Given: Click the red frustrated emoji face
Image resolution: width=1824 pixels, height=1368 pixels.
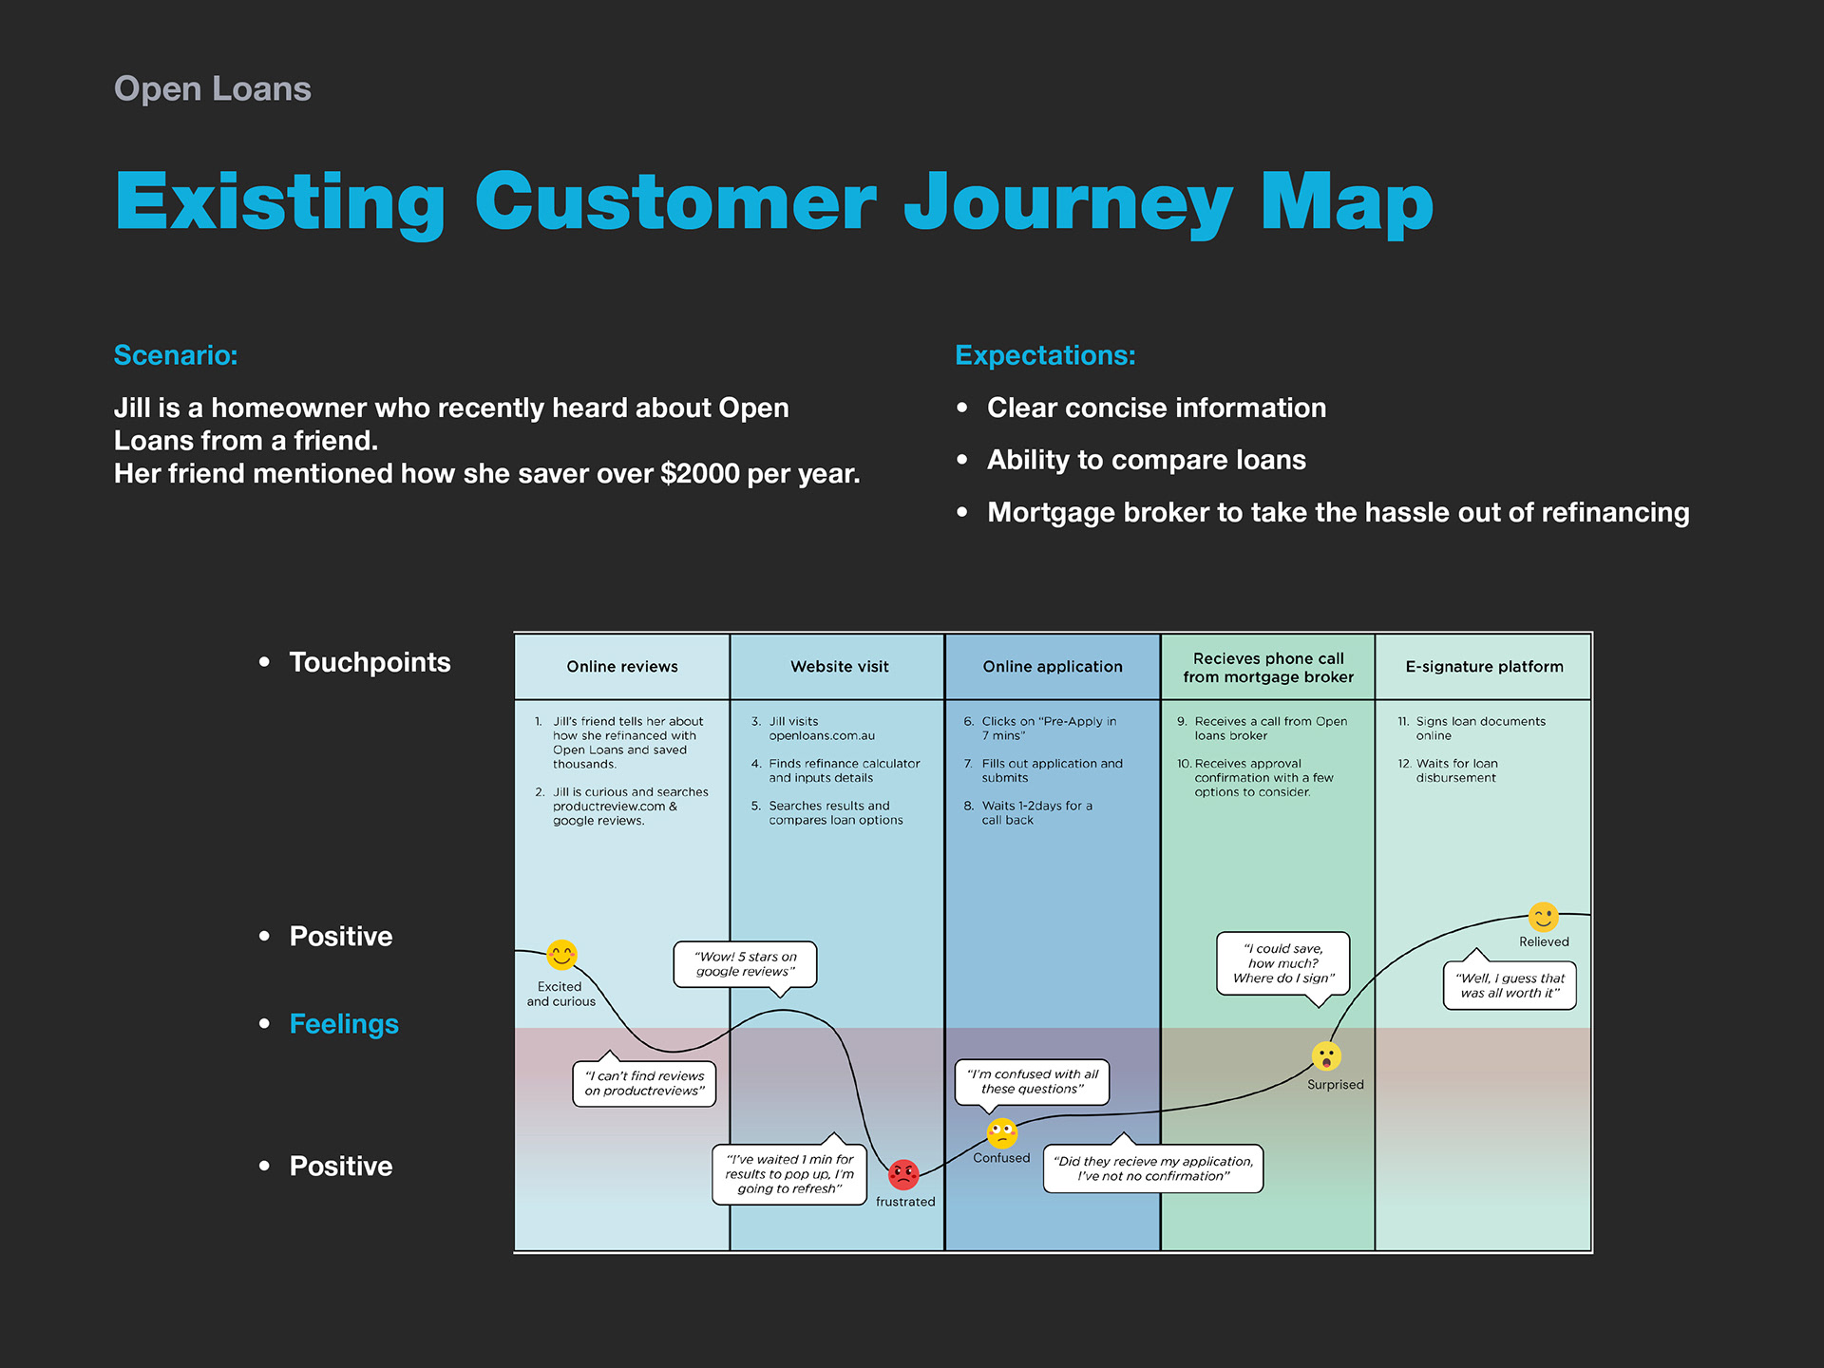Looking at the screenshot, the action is coord(903,1175).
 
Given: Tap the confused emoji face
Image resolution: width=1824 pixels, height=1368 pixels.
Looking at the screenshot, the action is coord(1002,1133).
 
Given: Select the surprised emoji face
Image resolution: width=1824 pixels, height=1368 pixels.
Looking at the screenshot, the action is coord(1326,1056).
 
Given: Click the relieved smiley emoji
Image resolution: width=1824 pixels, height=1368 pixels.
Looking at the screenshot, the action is coord(1544,917).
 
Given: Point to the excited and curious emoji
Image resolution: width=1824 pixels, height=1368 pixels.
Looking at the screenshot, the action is coord(562,955).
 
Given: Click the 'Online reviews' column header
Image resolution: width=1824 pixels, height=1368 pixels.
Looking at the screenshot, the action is coord(622,667).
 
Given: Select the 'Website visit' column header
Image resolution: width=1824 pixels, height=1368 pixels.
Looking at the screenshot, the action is coord(840,667).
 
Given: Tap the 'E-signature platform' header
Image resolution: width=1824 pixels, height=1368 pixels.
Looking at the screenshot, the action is coord(1484,667).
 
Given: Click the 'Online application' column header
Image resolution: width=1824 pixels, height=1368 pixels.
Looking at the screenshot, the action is coord(1053,667).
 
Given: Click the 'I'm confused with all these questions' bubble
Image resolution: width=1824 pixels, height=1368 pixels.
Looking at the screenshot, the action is coord(1032,1082).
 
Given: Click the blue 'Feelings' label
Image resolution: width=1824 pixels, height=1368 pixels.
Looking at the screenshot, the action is coord(344,1024).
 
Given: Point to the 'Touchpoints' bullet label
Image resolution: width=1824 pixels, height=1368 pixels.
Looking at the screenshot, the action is coord(370,662).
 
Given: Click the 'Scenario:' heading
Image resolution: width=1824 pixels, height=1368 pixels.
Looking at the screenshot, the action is coord(176,355).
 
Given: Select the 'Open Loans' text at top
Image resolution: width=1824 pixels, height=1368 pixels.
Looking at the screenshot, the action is coord(213,88).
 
